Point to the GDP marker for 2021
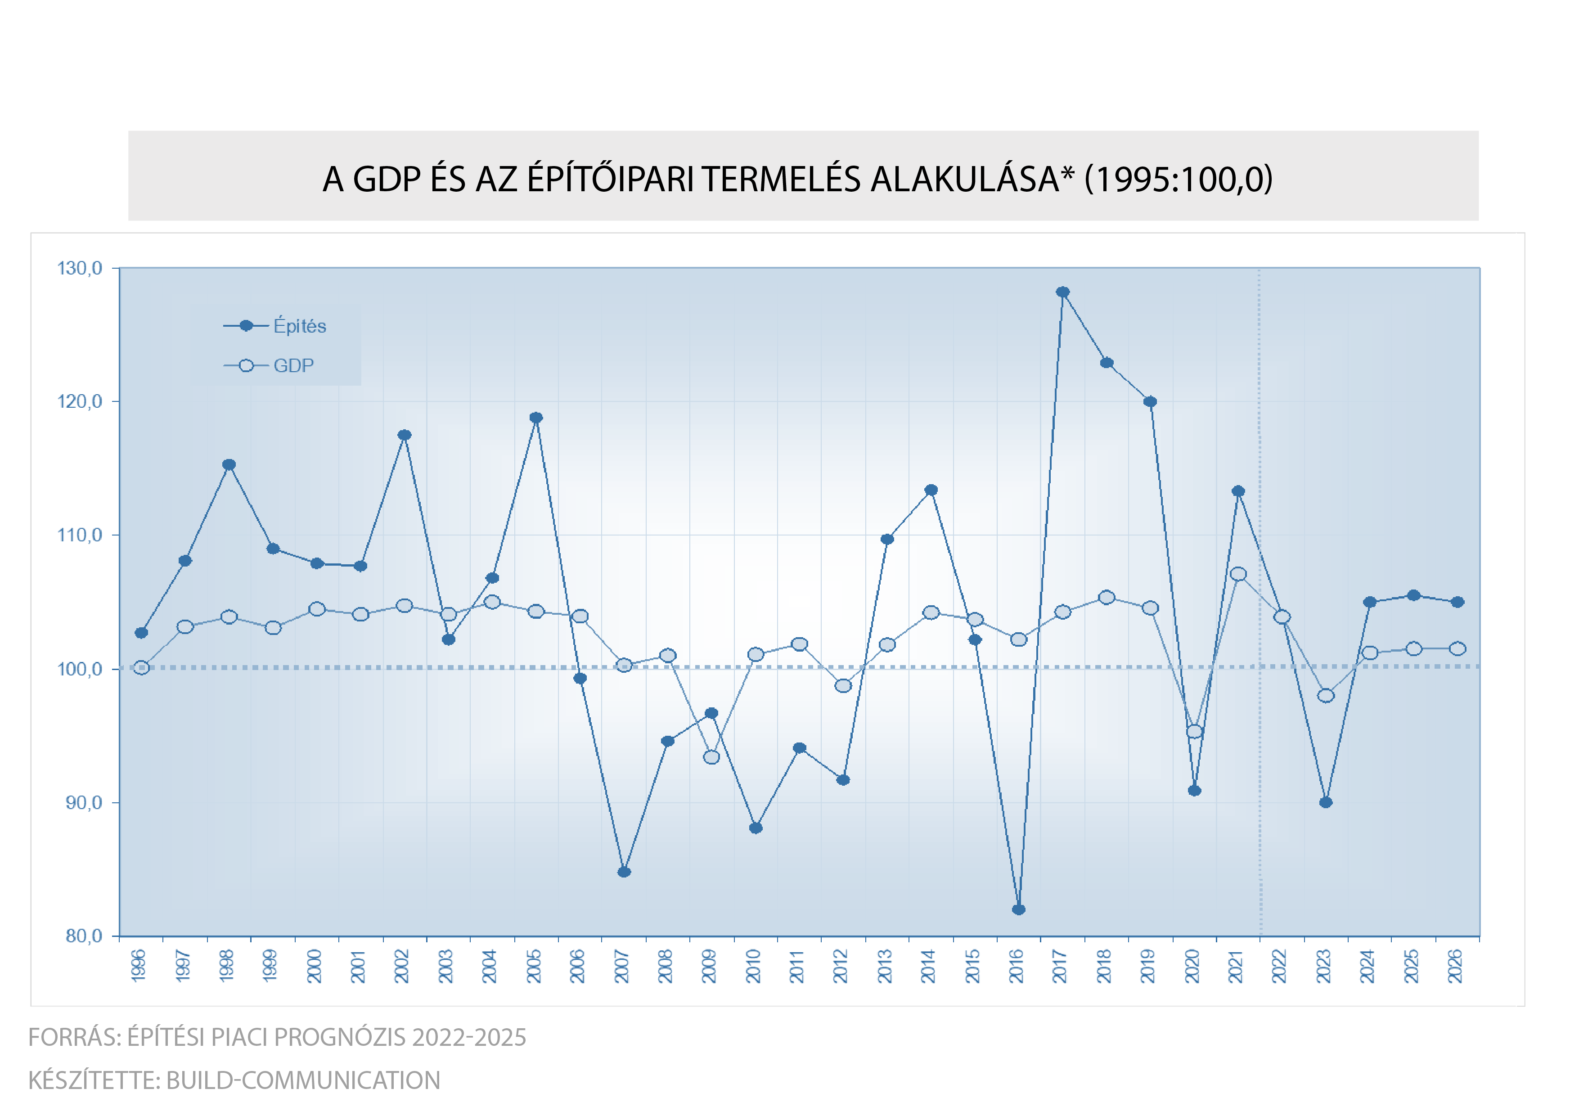tap(1238, 574)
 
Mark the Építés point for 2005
tap(536, 418)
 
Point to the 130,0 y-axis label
tap(79, 268)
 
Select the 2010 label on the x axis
tap(754, 966)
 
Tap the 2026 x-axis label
tap(1455, 966)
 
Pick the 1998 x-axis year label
tap(227, 966)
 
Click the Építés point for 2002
tap(405, 435)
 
